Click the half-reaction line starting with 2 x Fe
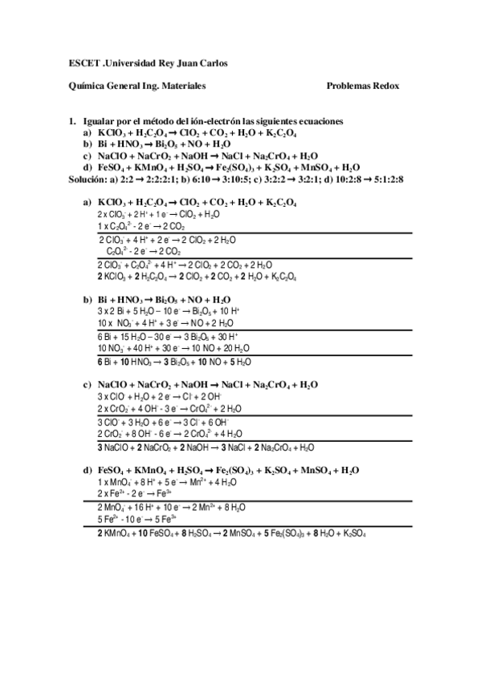(x=128, y=494)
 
